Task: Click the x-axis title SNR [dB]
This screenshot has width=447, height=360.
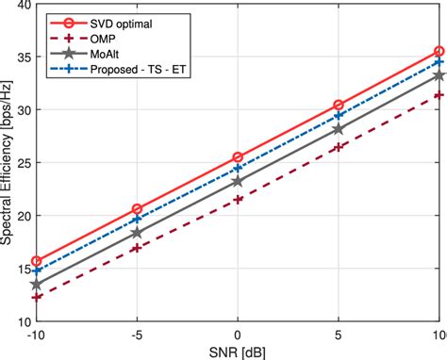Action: (238, 351)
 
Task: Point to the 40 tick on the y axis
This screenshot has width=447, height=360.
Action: (23, 5)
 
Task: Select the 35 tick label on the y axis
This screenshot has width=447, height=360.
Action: (23, 57)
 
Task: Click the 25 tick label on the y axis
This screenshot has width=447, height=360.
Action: (23, 163)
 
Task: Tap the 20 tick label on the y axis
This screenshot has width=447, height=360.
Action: (23, 216)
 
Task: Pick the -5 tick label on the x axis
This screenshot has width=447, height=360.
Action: (137, 335)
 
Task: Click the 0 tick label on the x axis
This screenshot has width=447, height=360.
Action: (238, 335)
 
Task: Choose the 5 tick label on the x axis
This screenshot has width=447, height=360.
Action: (339, 335)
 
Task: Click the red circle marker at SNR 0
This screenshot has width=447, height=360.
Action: (238, 156)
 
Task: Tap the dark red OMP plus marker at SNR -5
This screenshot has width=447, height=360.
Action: (137, 248)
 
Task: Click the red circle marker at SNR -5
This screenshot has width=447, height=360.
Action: (137, 209)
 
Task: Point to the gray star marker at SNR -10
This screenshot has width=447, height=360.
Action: (36, 284)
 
